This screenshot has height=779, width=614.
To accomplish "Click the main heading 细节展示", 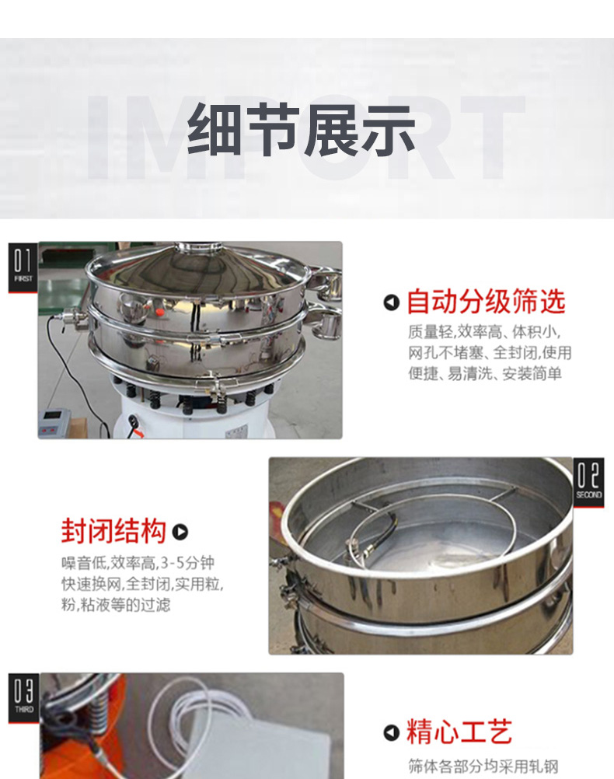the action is point(301,130).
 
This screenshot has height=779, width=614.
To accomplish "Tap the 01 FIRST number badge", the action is point(23,267).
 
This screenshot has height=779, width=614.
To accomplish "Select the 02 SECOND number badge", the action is point(588,482).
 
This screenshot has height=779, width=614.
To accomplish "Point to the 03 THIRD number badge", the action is point(23,698).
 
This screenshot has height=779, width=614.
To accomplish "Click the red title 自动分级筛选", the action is point(486,302).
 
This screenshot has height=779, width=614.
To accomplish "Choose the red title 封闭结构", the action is point(113,531).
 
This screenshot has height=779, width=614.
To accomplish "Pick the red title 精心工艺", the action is point(459,732).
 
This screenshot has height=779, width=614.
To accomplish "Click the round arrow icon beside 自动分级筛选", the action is point(392,302).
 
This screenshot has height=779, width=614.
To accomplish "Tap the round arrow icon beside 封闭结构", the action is point(180,532).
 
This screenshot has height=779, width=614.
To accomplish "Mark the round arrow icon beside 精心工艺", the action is point(392,732).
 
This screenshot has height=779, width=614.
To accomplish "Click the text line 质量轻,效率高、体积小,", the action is point(484,331).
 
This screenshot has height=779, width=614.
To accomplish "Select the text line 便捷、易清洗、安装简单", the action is point(485,373).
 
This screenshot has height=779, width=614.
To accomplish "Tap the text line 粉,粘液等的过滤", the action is point(116,604).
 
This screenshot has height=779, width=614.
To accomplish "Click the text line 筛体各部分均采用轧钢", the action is point(483,766).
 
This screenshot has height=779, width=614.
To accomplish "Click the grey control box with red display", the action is point(53,423).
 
